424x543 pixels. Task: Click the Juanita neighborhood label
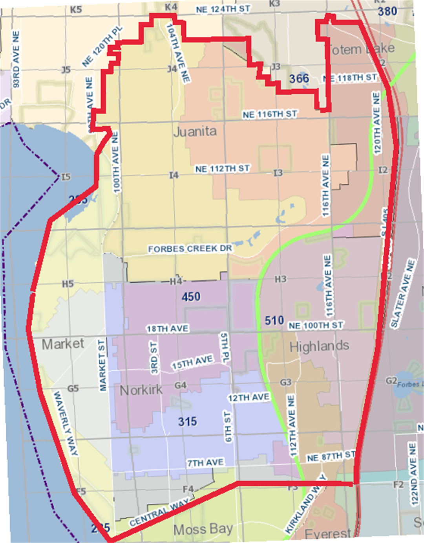(195, 131)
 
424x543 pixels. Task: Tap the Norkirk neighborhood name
(141, 390)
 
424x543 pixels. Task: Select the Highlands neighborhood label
(319, 346)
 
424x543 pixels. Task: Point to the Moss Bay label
(203, 530)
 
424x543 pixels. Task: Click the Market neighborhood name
(63, 344)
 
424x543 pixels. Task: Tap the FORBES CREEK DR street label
(190, 249)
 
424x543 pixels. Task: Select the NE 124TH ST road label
(223, 9)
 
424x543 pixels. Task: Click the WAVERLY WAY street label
(66, 423)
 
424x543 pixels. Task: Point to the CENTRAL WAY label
(159, 513)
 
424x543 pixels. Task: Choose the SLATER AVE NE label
(402, 293)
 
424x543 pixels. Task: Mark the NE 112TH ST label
(222, 169)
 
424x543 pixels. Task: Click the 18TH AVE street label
(168, 329)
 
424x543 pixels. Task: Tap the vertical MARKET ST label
(102, 366)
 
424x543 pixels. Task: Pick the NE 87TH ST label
(331, 456)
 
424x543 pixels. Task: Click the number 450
(191, 296)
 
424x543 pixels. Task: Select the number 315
(187, 422)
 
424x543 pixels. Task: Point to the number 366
(299, 79)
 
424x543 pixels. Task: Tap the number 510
(274, 321)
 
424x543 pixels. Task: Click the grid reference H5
(68, 284)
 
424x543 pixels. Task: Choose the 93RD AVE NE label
(16, 59)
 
